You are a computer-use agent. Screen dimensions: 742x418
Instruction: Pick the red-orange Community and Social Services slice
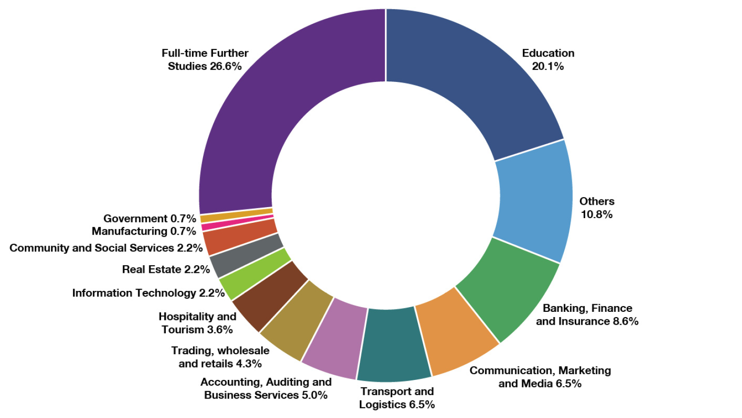click(240, 236)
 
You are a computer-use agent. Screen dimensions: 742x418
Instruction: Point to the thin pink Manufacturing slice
click(237, 223)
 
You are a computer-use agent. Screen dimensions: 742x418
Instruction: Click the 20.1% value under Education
click(548, 66)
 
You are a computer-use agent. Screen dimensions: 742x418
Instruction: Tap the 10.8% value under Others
click(597, 214)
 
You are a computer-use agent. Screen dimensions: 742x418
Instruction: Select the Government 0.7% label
click(150, 219)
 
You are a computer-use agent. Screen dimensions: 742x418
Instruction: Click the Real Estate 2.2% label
click(166, 269)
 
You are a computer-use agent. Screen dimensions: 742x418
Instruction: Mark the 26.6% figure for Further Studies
click(225, 66)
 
